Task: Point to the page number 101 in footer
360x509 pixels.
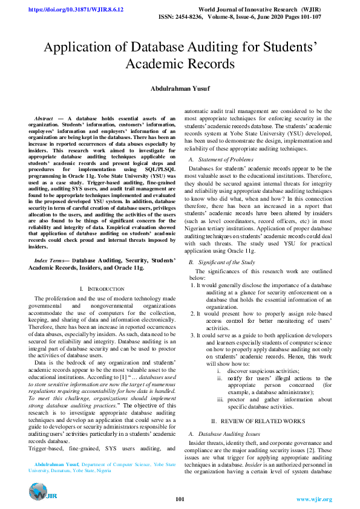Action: pos(180,499)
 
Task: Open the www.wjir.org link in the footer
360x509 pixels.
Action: pos(314,499)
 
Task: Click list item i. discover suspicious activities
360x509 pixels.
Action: pos(255,371)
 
